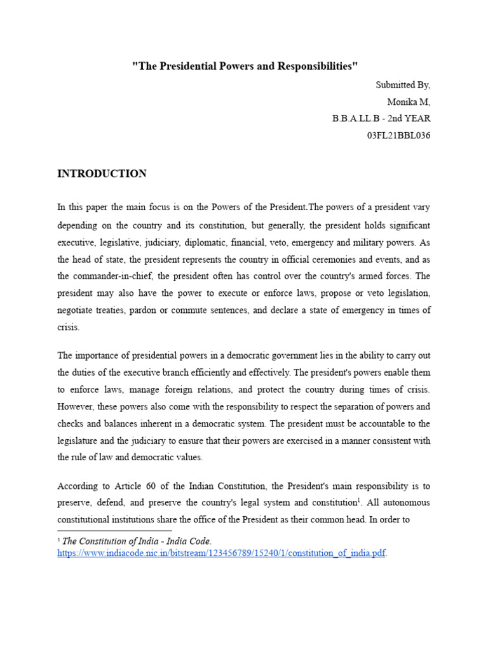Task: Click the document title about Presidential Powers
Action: pos(245,66)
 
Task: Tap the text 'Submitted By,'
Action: pos(403,84)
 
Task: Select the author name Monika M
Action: pos(409,102)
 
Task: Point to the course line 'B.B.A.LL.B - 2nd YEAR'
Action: pos(381,119)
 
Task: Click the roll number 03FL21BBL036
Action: pos(398,136)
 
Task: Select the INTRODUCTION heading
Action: pos(102,173)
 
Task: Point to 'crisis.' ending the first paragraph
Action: pos(69,328)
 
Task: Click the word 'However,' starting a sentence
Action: pos(76,407)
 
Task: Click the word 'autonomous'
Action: pos(404,503)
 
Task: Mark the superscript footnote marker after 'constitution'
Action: pos(360,500)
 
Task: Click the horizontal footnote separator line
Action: pos(114,530)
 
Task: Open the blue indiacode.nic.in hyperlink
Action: pos(221,553)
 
